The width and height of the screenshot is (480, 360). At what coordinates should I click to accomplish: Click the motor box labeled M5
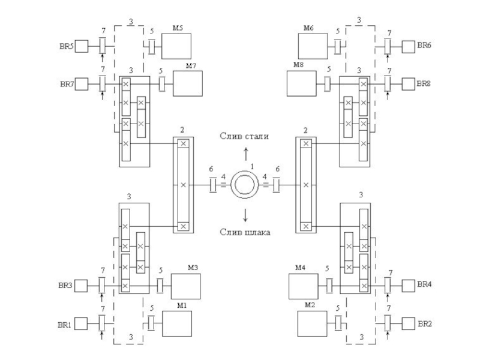point(176,46)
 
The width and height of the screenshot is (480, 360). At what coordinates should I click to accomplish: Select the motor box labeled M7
point(188,83)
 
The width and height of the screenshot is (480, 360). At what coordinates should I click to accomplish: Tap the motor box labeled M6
point(313,46)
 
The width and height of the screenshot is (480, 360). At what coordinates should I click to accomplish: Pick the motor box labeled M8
point(302,83)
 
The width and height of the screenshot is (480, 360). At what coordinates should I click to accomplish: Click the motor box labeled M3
point(186,286)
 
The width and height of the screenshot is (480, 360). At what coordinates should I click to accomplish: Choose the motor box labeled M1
point(177,323)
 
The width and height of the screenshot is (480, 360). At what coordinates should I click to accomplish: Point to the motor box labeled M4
point(304,286)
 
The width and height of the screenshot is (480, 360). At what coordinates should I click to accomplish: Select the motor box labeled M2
point(312,323)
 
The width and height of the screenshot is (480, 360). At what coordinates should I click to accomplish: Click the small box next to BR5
point(82,46)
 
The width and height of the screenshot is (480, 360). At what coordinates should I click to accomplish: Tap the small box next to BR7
point(82,84)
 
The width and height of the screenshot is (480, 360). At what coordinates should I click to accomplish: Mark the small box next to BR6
point(409,47)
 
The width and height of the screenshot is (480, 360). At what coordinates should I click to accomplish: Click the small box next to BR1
point(81,323)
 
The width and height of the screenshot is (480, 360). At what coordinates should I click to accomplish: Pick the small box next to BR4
point(409,286)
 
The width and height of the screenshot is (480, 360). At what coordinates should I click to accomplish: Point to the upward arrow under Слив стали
point(246,154)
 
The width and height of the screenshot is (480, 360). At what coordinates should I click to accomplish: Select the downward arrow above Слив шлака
point(245,215)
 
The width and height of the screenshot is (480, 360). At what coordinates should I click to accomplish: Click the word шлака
point(257,232)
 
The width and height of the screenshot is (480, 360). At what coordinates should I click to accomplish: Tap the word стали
point(257,136)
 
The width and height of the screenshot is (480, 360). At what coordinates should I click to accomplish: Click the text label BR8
point(424,83)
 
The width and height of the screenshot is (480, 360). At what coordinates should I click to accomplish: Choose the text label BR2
point(425,323)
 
